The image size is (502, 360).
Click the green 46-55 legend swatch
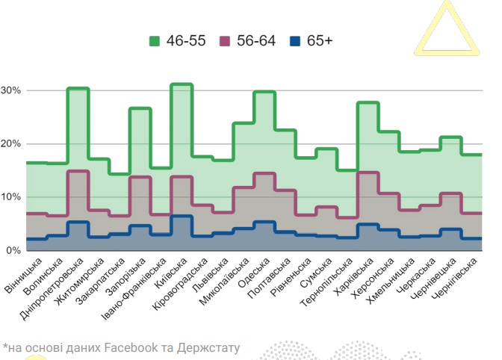point(155,40)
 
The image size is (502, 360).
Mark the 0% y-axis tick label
point(14,250)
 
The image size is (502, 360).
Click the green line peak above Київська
point(182,85)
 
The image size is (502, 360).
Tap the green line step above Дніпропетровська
point(78,89)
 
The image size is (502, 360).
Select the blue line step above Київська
point(182,217)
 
